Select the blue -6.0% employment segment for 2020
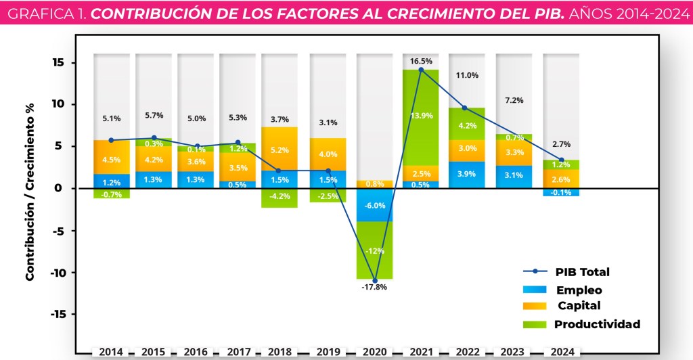374,205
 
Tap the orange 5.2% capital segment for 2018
280,150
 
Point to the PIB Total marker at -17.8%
374,280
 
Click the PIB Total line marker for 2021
420,70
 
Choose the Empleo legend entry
579,290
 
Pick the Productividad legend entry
597,324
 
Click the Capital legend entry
579,306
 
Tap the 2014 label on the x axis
112,352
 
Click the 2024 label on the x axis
561,352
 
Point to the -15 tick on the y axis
59,315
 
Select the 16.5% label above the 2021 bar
420,61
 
